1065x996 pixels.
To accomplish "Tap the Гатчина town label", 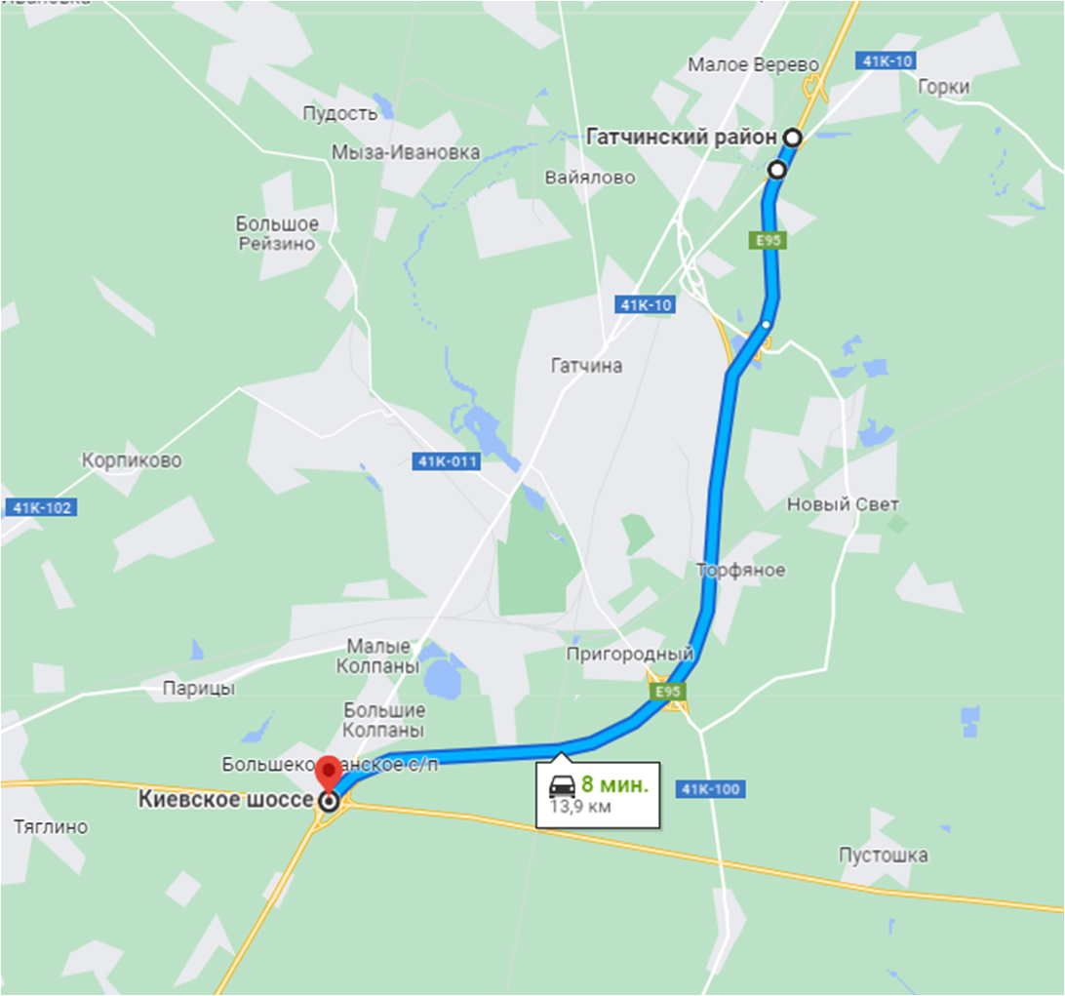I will (x=586, y=366).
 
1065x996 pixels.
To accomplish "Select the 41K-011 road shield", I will (x=447, y=461).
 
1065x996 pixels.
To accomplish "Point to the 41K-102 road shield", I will (x=41, y=507).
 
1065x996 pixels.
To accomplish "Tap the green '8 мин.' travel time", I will (x=614, y=784).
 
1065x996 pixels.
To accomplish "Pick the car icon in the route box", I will (x=562, y=786).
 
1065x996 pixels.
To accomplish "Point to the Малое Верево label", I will (x=753, y=64).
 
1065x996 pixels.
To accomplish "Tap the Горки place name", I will (x=943, y=87).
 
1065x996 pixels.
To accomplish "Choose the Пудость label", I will (x=339, y=113).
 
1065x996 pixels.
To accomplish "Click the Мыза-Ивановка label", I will (x=406, y=152).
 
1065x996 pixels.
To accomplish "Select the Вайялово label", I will (x=590, y=178).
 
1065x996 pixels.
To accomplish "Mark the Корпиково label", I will (x=132, y=460).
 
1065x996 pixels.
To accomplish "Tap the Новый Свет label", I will (x=843, y=504).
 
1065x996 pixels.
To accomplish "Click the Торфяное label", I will (x=741, y=570).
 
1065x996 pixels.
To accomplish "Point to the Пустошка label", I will (x=883, y=855).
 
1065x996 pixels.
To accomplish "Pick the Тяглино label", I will (x=51, y=827).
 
